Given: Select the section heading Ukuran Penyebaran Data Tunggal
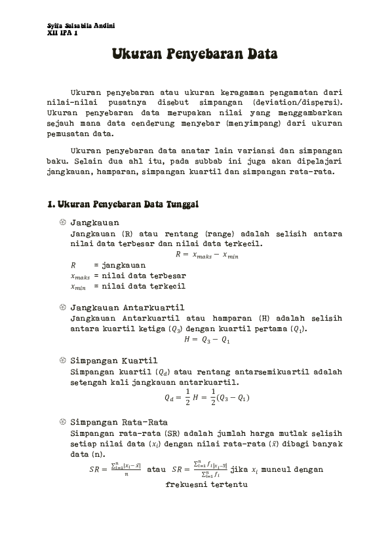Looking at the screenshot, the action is tap(123, 205).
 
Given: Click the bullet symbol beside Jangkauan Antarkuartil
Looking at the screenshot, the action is tap(62, 308).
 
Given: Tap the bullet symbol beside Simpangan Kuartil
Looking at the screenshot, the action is tap(62, 361).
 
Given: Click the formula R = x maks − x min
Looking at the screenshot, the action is tap(207, 255).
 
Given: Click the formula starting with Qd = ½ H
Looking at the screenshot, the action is tap(206, 397).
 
